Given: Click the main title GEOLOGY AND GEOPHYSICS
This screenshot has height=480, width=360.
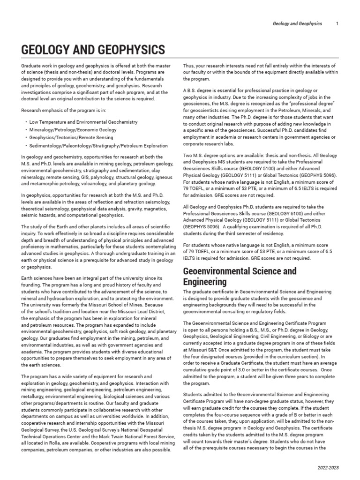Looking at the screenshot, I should coord(93,50).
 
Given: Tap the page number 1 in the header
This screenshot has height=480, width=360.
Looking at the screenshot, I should coord(337,24).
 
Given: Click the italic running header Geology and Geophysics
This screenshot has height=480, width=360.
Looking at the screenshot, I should coord(298,24).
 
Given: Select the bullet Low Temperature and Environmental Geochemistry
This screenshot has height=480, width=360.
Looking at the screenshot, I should coord(83,122).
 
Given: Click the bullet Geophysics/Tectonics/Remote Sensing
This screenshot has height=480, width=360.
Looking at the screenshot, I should coord(71,138).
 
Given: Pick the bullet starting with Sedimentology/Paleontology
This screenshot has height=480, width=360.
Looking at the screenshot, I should coord(98,146).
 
